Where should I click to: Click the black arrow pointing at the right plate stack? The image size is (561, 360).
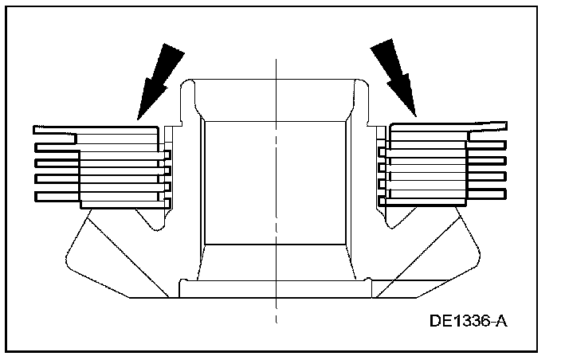click(x=396, y=76)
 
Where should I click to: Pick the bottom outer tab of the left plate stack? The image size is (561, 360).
click(x=56, y=195)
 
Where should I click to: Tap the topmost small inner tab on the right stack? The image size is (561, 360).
click(x=382, y=151)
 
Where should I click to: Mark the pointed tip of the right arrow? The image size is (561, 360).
click(x=414, y=115)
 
